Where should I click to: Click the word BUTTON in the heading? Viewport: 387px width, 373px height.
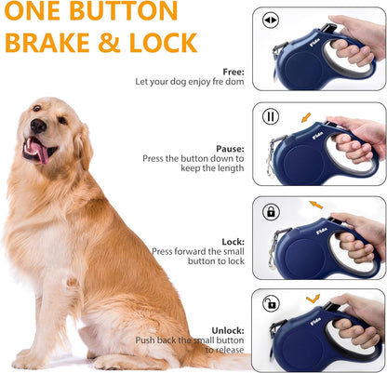(x=127, y=11)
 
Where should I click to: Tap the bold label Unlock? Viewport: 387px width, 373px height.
(x=227, y=329)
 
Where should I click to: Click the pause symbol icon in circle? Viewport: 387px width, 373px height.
(x=272, y=117)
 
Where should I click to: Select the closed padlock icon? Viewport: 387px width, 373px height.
(x=272, y=212)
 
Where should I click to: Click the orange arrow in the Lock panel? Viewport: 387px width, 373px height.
(x=316, y=205)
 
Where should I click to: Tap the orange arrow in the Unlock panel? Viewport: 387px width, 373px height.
(x=313, y=299)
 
